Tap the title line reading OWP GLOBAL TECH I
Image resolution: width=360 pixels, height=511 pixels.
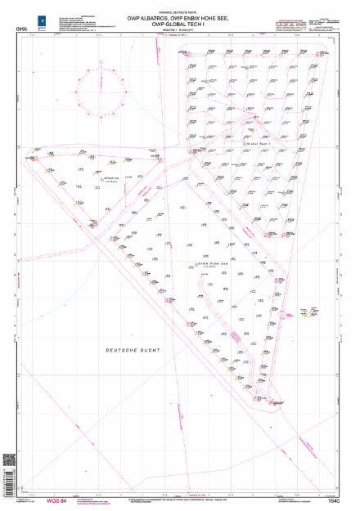click(x=182, y=25)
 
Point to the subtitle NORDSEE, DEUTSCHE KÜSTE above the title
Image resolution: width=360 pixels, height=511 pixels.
click(x=182, y=9)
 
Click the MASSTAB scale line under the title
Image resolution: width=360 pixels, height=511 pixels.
click(x=182, y=31)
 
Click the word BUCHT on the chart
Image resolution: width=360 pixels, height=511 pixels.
click(x=150, y=349)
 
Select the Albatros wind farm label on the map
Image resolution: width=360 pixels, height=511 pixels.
click(x=111, y=175)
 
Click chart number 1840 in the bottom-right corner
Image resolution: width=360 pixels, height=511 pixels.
click(x=331, y=500)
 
